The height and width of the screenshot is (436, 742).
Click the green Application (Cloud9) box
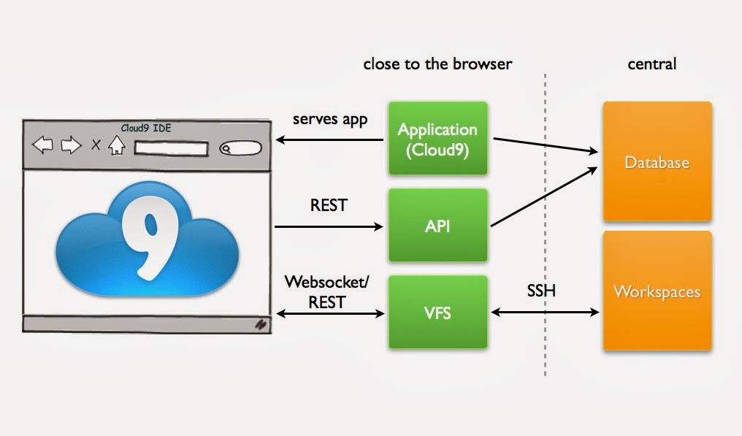(x=437, y=139)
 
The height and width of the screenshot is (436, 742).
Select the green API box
(x=437, y=226)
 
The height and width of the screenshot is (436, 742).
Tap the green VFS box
(x=437, y=313)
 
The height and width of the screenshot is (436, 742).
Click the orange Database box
(x=657, y=161)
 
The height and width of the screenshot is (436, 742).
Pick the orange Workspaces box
(x=657, y=291)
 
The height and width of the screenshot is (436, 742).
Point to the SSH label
(x=541, y=291)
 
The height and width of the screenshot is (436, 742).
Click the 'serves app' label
(x=329, y=118)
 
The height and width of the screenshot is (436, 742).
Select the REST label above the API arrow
(x=329, y=205)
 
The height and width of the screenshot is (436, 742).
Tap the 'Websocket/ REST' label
(x=324, y=290)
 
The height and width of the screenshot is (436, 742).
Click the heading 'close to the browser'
(x=437, y=64)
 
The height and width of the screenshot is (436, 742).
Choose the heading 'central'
(x=652, y=64)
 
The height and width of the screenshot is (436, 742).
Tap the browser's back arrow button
(x=43, y=145)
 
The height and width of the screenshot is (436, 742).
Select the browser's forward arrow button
(x=70, y=145)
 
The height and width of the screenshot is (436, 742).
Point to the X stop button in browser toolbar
(x=95, y=145)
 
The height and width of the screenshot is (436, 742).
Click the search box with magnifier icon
(x=240, y=148)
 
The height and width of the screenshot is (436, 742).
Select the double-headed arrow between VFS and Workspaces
(x=545, y=313)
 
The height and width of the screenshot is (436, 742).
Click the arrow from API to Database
(x=545, y=196)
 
